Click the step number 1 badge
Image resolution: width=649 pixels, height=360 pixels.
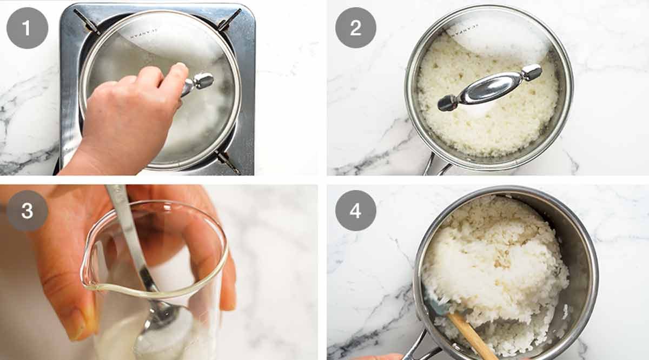coord(27,28)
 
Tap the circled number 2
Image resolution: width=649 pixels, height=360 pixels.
coord(355,28)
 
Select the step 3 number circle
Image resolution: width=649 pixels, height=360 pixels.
coord(27,211)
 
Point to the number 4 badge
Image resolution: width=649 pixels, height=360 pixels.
coord(355,211)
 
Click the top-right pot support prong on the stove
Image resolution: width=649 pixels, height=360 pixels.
coord(229,20)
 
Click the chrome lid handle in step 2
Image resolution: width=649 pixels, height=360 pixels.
coord(489,88)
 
